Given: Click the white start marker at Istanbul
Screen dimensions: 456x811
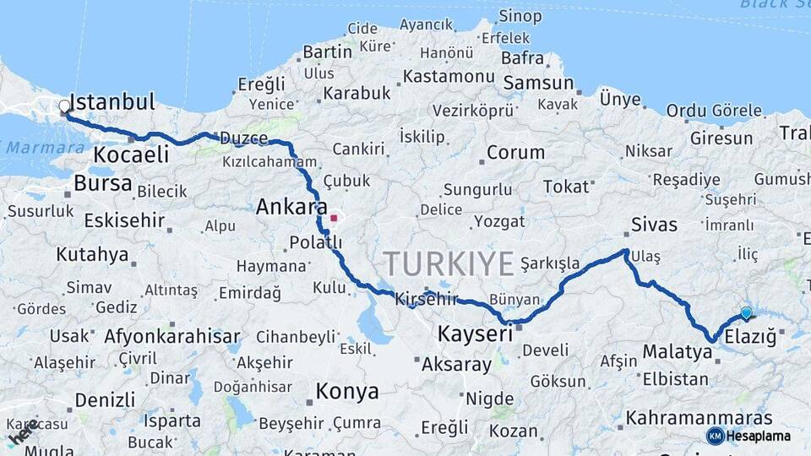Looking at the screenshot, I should point(65,106).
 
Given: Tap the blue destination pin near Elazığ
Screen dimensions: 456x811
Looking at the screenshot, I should point(746,313).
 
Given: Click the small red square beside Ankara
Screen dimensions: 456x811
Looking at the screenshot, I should point(334,218).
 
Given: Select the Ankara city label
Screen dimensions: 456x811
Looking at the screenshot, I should point(291,207).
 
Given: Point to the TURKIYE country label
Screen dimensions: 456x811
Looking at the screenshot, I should point(448,264).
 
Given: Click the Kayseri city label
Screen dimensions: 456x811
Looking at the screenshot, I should point(475,334).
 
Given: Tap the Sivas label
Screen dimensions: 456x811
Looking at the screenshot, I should point(654,225).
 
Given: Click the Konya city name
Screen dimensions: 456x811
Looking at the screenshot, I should point(346,391).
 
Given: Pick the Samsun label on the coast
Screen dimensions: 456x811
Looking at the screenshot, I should point(538,84).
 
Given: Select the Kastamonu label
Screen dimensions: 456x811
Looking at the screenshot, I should point(449,76).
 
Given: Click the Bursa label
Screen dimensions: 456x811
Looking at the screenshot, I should point(103,183).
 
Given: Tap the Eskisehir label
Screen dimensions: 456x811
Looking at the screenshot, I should point(125,221).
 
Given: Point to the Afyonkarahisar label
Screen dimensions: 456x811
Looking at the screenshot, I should point(172,336).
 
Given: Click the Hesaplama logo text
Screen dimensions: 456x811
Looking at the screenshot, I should point(759,436).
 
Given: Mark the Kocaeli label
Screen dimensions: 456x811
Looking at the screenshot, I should point(131,155).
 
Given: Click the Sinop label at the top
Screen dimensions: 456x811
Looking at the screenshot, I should point(520,15).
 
